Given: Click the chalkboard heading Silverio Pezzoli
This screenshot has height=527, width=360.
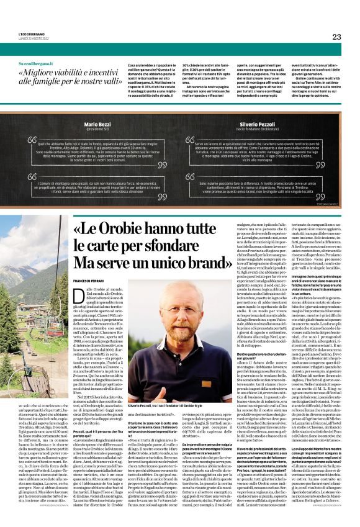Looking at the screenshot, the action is coord(261,125).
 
